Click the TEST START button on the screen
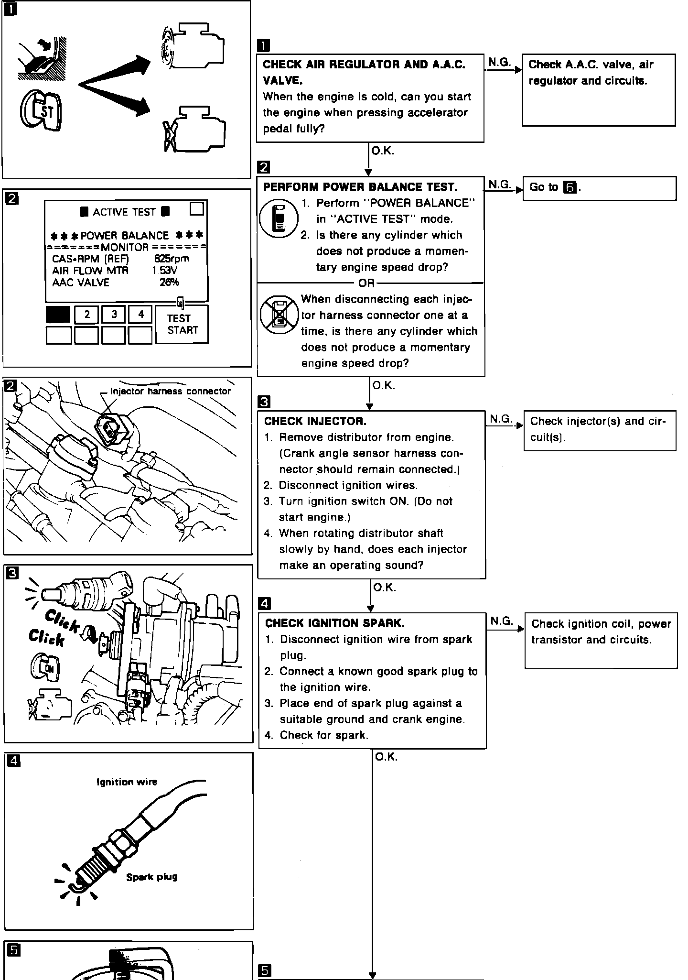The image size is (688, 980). click(x=182, y=324)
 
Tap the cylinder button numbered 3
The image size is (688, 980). click(x=114, y=315)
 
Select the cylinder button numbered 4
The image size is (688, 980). click(x=140, y=315)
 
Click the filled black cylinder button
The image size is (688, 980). click(x=58, y=315)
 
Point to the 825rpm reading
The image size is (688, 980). click(x=172, y=259)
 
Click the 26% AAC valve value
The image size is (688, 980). click(x=169, y=282)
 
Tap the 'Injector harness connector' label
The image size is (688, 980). click(x=170, y=391)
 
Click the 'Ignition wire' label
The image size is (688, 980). click(x=127, y=782)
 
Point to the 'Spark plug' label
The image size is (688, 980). click(x=152, y=877)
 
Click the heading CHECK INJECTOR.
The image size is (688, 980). click(x=315, y=421)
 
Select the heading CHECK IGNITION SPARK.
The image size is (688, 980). click(x=334, y=623)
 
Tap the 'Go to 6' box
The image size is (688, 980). click(x=600, y=188)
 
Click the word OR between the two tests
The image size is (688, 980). click(x=366, y=283)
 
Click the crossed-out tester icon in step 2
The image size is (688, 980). click(x=279, y=315)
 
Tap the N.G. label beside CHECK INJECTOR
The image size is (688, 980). click(x=500, y=419)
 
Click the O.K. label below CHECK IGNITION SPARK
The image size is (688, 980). click(x=386, y=757)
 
